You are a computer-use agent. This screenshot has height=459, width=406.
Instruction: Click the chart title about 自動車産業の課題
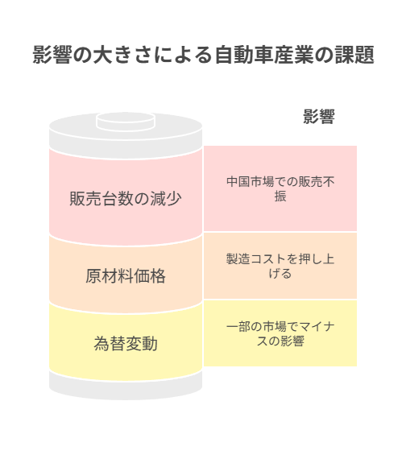[x=203, y=55]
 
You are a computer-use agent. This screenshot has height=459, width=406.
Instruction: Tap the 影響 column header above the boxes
[x=319, y=117]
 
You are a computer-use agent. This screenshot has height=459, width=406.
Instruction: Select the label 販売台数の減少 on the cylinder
[x=126, y=198]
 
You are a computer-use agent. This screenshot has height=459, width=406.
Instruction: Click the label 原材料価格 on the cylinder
[x=126, y=275]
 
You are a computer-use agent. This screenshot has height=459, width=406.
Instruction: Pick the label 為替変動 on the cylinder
[x=126, y=343]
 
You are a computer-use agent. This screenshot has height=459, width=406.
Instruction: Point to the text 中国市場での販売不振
[x=280, y=188]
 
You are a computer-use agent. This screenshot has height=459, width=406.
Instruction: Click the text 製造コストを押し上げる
[x=280, y=266]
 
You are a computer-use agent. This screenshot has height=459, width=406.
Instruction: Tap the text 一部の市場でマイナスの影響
[x=280, y=333]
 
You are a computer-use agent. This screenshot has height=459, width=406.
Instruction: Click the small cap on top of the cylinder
[x=126, y=121]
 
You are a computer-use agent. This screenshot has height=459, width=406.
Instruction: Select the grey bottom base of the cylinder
[x=126, y=388]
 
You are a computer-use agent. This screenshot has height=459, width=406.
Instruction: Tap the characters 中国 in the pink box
[x=238, y=182]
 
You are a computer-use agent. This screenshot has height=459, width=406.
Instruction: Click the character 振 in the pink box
[x=280, y=196]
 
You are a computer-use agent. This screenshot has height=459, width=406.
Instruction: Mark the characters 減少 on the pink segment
[x=166, y=198]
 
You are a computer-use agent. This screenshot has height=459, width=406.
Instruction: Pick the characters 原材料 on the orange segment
[x=110, y=275]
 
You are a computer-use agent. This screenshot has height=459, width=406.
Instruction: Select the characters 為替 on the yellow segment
[x=110, y=343]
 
